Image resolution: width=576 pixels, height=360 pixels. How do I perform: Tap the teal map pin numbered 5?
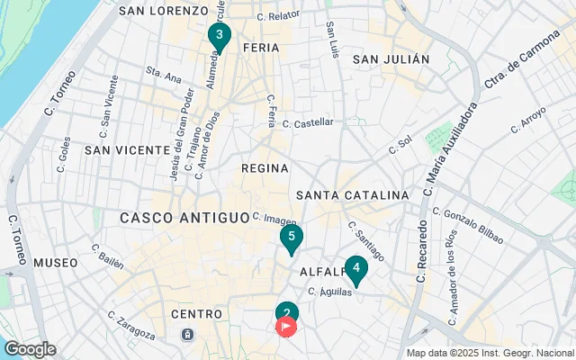point(291,238)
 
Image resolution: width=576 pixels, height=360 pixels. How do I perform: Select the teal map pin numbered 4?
point(356,269)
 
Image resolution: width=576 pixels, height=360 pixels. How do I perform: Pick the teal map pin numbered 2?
point(286,312)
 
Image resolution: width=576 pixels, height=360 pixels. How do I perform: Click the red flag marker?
point(286,327)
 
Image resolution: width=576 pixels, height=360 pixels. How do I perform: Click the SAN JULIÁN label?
point(391,59)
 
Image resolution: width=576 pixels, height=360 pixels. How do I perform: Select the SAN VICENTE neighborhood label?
point(122,149)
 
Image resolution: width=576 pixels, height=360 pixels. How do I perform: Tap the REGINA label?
point(265,168)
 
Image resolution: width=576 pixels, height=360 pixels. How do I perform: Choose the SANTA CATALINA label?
point(352,194)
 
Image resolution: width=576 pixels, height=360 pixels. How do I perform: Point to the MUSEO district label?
point(56,263)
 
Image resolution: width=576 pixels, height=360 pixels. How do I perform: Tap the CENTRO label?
point(196,314)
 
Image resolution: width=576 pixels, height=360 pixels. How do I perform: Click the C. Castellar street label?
point(308,122)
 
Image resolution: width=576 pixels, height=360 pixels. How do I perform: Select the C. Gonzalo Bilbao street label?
point(467,221)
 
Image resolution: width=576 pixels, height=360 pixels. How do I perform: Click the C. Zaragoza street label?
point(130,325)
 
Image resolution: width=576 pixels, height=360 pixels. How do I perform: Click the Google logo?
point(30,349)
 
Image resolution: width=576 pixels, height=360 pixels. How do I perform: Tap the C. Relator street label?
point(278,16)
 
